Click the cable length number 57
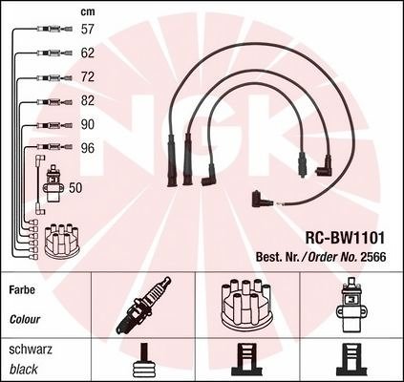coord(88,29)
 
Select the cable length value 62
coord(88,53)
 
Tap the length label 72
coord(88,76)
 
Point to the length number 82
coord(88,100)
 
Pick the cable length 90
coord(88,124)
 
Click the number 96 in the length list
coord(88,148)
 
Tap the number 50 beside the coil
coord(75,188)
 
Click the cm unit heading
coord(88,11)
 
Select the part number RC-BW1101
coord(345,238)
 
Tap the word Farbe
coord(22,290)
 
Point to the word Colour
coord(25,319)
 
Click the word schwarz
coord(31,350)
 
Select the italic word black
coord(24,370)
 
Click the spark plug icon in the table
coord(143,306)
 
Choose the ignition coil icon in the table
coord(351,306)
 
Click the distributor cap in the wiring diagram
coord(63,241)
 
